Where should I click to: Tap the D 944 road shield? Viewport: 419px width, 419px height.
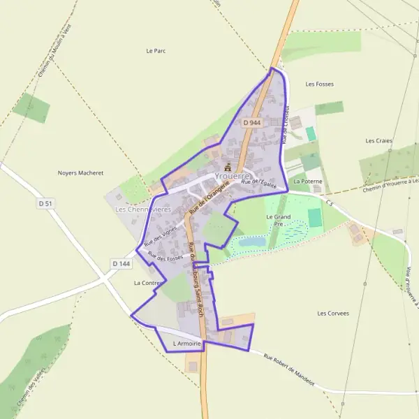[252, 122]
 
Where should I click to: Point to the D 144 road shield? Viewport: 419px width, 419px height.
[121, 263]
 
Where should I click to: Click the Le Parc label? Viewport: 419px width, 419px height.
[156, 51]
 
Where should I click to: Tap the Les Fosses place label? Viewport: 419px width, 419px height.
[319, 84]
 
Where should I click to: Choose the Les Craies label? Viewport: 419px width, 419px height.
[378, 140]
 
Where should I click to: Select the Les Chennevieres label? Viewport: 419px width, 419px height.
[142, 209]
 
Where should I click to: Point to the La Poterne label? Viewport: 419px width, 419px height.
[308, 181]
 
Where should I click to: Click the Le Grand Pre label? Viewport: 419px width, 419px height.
[279, 221]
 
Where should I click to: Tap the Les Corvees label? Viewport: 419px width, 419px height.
[333, 313]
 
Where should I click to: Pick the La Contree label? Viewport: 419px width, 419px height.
[147, 283]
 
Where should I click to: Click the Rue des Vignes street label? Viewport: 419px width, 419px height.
[161, 233]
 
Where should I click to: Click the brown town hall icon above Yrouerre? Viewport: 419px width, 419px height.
[226, 166]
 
